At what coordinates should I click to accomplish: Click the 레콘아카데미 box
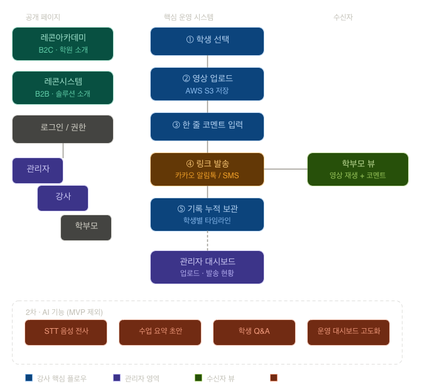[63, 43]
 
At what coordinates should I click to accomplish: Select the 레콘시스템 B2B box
[63, 87]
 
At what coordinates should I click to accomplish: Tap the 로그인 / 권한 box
[63, 129]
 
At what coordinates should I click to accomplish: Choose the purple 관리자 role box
[38, 170]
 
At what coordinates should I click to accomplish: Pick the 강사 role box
[63, 198]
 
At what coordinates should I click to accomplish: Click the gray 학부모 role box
[86, 227]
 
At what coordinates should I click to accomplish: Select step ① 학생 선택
[207, 41]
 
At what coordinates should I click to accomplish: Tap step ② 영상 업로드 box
[207, 84]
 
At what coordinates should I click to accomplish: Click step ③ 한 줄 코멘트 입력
[207, 126]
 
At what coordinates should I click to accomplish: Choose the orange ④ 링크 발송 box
[207, 169]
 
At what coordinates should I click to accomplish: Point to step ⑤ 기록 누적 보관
[207, 214]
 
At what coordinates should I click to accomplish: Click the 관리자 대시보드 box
[207, 267]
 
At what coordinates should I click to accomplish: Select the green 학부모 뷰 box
[358, 169]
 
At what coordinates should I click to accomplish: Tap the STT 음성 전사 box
[66, 332]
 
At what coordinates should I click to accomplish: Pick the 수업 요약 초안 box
[160, 332]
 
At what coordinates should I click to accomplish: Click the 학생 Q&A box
[254, 332]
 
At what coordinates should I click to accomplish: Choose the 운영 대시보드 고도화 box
[349, 332]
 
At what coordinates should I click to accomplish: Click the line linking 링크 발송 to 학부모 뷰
[286, 169]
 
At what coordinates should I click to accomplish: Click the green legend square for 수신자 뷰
[198, 378]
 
